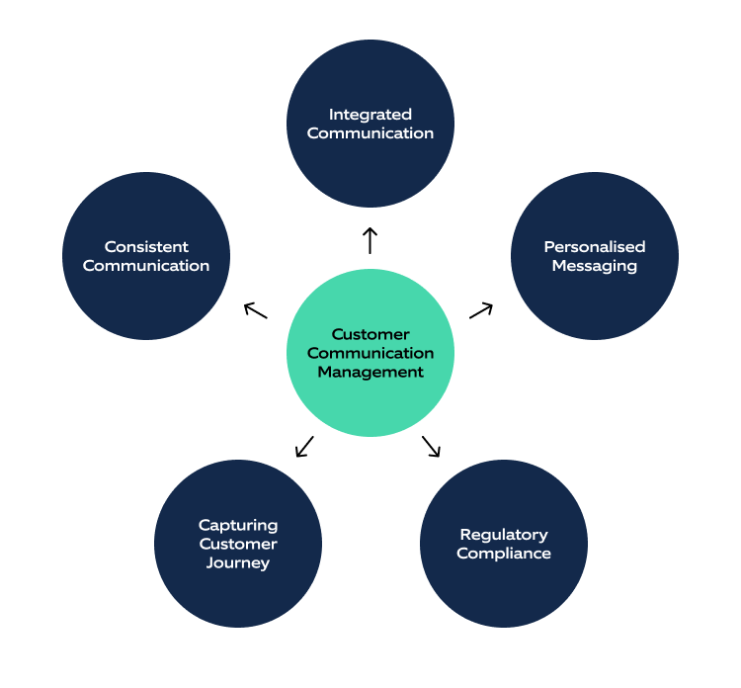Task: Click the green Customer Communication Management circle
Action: [370, 353]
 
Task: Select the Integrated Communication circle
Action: [370, 124]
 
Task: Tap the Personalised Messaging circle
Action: [594, 256]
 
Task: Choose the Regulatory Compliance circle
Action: [503, 544]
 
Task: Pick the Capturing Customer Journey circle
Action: [238, 544]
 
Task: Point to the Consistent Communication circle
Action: [146, 256]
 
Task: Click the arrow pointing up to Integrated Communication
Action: [370, 240]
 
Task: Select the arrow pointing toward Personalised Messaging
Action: [480, 310]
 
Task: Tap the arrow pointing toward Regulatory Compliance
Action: [431, 446]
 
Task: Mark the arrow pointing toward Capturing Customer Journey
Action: [304, 447]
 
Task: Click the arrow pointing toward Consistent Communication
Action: [256, 310]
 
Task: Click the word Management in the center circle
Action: [370, 372]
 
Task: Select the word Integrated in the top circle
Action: [370, 115]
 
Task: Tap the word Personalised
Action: [594, 247]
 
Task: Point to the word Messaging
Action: [594, 266]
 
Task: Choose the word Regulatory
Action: [503, 535]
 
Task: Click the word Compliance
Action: [503, 554]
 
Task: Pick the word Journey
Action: [238, 563]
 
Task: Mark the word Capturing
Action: [238, 525]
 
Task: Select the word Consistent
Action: [146, 247]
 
